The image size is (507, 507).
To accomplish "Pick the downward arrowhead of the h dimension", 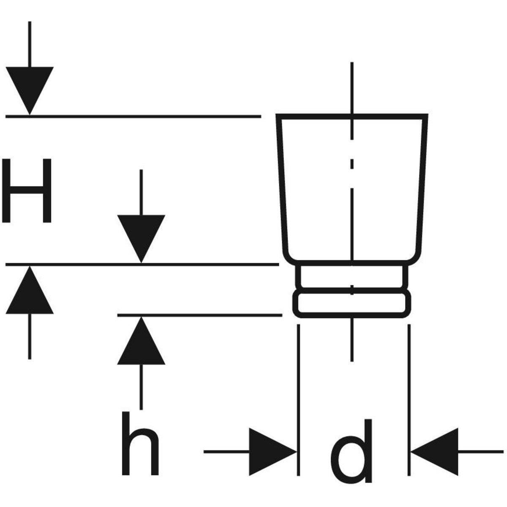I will [x=141, y=236].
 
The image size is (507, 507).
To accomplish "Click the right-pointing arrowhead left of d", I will [x=270, y=452].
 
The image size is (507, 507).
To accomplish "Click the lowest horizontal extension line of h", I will [x=199, y=315].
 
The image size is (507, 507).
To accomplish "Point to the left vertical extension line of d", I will [x=299, y=399].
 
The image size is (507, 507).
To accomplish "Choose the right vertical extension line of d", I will [x=409, y=399].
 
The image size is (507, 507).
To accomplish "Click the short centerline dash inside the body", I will [x=352, y=164].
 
